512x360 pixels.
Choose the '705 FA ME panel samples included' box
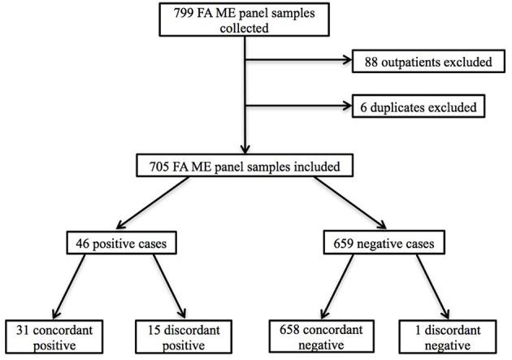pos(245,168)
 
